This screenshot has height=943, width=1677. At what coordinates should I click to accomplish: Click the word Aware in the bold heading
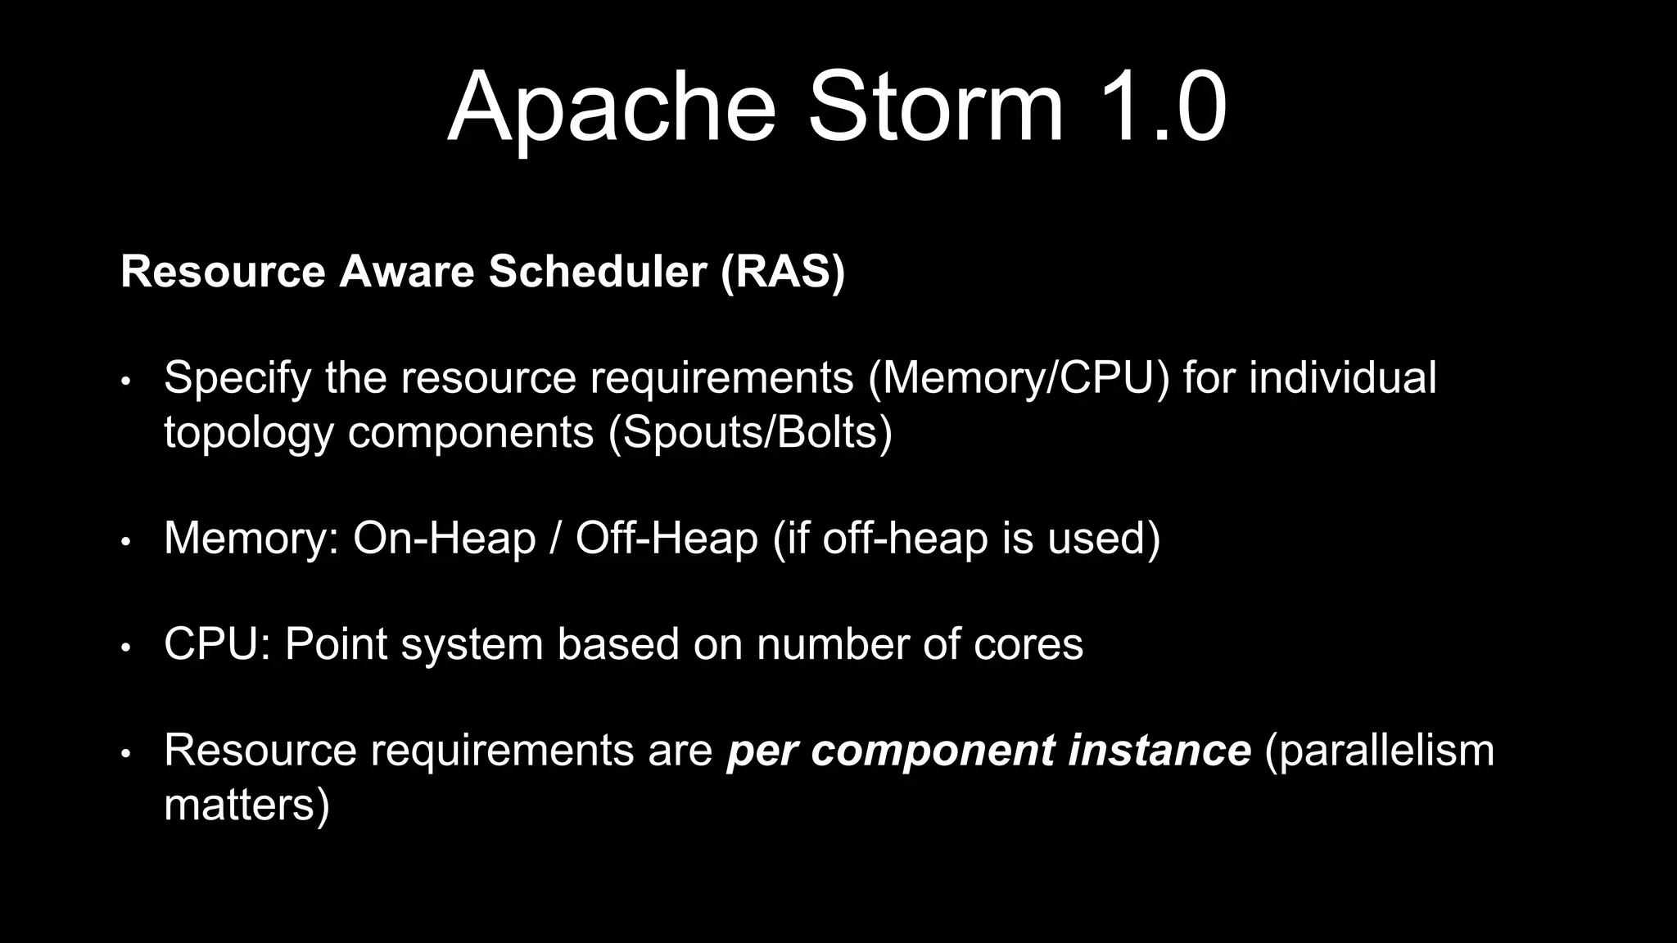(406, 271)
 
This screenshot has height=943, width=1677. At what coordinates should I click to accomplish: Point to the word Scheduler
(598, 271)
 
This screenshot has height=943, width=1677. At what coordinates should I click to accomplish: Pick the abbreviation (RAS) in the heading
(783, 271)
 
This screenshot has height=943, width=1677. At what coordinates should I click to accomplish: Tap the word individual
(1342, 377)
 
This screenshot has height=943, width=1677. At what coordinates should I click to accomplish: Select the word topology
(249, 432)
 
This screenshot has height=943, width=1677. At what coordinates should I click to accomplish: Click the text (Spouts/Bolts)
(749, 431)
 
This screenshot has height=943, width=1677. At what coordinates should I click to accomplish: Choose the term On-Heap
(444, 538)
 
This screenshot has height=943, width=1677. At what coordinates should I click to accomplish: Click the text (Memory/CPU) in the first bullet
(1019, 378)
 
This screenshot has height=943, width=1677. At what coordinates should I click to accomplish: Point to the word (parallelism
(1380, 750)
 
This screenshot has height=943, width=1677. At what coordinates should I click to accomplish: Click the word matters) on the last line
(246, 804)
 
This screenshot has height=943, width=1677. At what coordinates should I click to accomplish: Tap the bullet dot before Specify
(125, 381)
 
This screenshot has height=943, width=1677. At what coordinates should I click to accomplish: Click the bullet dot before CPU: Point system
(125, 647)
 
